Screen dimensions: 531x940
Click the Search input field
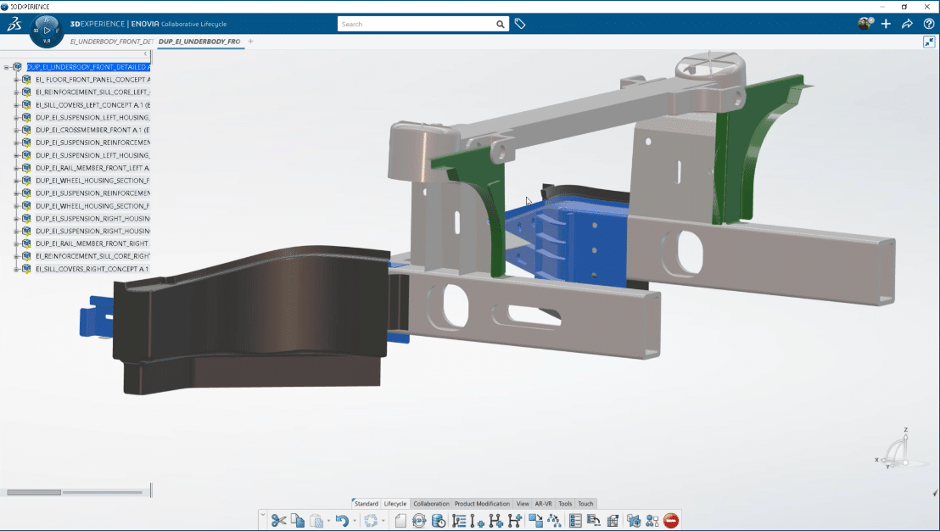pos(416,24)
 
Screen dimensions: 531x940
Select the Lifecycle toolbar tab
pos(395,504)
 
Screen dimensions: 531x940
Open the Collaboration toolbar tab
pos(431,504)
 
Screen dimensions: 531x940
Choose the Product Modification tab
pos(482,504)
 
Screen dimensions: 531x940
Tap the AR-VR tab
pos(544,504)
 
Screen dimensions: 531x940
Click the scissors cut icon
pos(278,521)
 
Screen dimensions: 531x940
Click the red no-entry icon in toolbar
pos(671,521)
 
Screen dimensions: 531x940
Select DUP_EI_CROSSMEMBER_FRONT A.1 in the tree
pos(92,130)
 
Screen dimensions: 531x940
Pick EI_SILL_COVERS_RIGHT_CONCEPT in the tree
pos(92,269)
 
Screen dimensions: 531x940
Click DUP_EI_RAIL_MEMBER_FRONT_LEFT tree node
pos(92,168)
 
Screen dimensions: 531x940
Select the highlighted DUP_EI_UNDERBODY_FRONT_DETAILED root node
pos(88,66)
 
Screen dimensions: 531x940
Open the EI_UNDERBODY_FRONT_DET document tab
pos(111,41)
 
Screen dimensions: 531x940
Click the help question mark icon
pos(929,24)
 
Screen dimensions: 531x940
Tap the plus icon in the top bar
pos(887,24)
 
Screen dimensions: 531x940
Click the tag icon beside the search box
pos(520,24)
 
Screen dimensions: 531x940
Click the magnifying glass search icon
pos(501,25)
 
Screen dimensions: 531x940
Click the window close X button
pos(926,6)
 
